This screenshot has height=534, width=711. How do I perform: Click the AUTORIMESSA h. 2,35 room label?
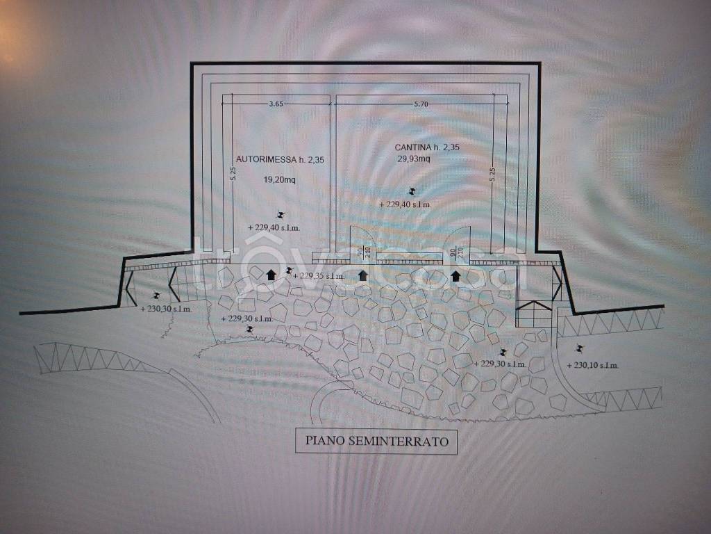click(281, 159)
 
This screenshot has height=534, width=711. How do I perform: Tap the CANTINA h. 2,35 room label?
click(427, 147)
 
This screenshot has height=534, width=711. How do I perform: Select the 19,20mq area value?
click(280, 179)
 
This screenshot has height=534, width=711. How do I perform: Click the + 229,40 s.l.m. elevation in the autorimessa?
click(278, 227)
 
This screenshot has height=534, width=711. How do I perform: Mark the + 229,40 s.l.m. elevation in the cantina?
click(406, 204)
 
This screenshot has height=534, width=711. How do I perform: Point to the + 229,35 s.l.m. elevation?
click(319, 276)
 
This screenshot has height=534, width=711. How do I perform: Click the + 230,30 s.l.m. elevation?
click(167, 308)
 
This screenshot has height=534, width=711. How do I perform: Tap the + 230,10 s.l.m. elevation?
click(593, 365)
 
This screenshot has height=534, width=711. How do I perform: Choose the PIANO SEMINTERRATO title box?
click(376, 441)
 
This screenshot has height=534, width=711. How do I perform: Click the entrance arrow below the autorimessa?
click(271, 274)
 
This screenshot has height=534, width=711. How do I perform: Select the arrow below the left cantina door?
click(363, 276)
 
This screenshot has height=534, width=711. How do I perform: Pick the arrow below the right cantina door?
click(455, 276)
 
